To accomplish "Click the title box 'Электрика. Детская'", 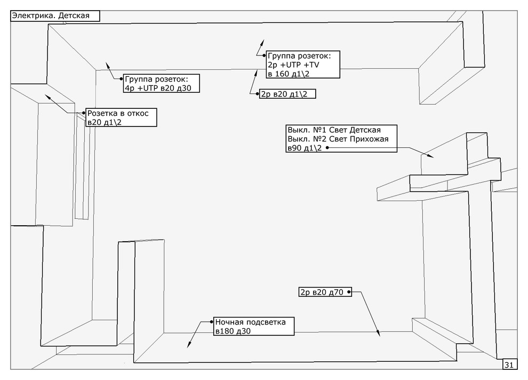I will point(55,15).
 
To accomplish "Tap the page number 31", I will point(509,365).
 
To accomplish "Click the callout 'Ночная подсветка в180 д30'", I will point(254,327).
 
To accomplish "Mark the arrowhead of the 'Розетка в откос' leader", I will point(47,96).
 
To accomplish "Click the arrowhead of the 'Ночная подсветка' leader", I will point(188,346).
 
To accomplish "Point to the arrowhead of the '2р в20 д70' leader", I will point(379,334).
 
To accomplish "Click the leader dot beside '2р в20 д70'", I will point(349,292).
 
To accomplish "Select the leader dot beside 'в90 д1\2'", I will point(326,148).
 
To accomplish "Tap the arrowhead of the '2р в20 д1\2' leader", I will point(255,74).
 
